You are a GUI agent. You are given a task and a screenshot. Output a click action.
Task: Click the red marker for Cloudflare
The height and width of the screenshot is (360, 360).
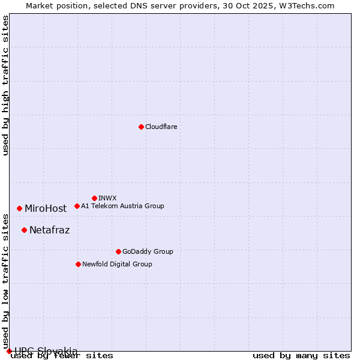coord(141,127)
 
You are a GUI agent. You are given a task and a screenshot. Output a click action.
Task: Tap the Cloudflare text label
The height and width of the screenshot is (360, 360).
coord(161,127)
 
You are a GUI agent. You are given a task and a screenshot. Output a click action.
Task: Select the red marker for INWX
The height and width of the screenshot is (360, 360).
coord(94,198)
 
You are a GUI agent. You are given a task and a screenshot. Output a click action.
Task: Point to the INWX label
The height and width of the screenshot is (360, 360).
coord(107,198)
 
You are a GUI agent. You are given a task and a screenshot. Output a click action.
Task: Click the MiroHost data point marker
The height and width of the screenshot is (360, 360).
coord(19,208)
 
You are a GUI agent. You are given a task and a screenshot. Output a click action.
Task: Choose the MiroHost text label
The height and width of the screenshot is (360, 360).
coord(46,209)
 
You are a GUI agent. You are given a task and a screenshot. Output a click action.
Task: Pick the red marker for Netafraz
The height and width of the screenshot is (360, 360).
coord(24,230)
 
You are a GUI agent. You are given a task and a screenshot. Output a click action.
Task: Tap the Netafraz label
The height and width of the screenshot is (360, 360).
coord(49,230)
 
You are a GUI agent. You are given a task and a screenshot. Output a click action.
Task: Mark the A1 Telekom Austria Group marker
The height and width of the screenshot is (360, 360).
coord(77,206)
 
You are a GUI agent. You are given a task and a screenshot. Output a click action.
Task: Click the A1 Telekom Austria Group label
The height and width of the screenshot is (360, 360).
coord(122,206)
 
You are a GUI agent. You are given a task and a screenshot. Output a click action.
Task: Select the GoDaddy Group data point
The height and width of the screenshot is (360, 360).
coord(118,251)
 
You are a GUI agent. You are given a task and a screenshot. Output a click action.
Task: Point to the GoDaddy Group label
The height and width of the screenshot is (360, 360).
coord(148,251)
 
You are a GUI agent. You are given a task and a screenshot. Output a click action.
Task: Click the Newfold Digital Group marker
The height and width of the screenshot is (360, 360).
coord(78,264)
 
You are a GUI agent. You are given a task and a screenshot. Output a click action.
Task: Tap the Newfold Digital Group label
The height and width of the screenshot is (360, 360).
coord(117,264)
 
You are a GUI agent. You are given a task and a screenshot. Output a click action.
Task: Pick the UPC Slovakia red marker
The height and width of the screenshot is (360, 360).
coord(9,351)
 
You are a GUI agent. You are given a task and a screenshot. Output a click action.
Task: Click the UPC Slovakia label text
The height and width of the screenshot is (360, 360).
coord(46,351)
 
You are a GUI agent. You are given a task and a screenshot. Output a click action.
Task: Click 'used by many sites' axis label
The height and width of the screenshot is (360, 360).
coord(301,356)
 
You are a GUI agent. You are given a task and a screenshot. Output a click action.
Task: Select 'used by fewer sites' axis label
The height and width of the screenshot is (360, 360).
coord(62,356)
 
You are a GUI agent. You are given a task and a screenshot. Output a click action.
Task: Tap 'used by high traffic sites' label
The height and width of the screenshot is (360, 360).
coord(5,85)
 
